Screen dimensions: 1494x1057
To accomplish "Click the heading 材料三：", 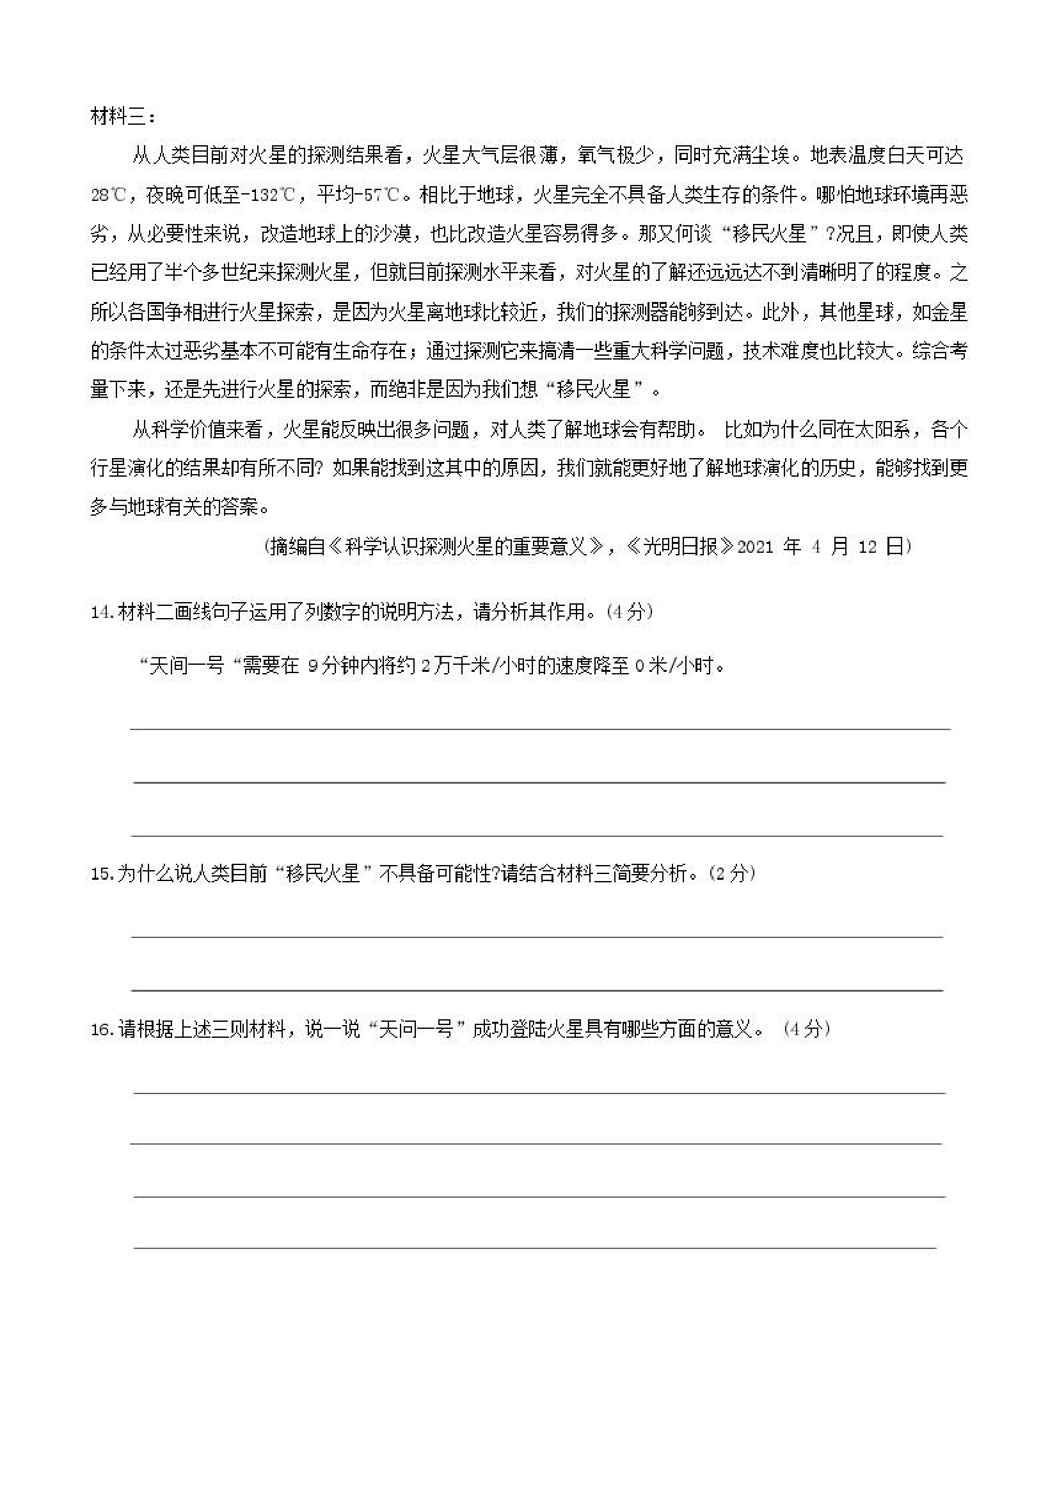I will coord(123,117).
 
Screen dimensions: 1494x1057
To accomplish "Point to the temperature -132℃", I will coord(267,195).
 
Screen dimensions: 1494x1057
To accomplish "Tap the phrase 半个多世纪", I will coord(211,273).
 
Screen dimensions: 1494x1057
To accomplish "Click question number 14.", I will coord(102,612).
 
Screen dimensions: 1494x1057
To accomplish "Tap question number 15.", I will coord(102,874).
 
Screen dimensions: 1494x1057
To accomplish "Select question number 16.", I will coord(102,1029).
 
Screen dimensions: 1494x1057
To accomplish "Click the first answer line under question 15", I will coord(537,937).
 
